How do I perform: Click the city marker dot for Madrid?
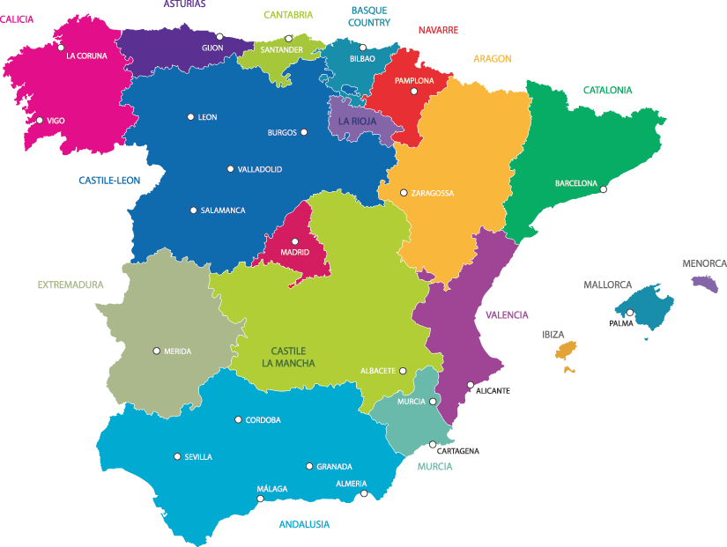(295, 241)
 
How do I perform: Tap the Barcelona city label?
(575, 184)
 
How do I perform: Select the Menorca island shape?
(705, 283)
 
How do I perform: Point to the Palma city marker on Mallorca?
(629, 313)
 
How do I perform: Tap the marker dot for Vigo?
(39, 121)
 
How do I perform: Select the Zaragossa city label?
(433, 193)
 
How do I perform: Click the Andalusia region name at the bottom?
(304, 524)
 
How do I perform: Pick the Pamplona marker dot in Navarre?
(414, 91)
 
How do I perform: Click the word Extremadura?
(70, 285)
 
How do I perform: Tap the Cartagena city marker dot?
(433, 445)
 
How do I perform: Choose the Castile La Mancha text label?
(288, 357)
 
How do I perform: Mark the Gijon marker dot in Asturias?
(220, 37)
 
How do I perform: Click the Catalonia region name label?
(607, 90)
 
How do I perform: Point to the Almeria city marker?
(364, 494)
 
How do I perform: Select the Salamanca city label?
(223, 211)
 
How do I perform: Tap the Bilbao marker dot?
(363, 48)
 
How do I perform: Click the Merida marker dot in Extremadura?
(157, 351)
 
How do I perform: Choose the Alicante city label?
(493, 390)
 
